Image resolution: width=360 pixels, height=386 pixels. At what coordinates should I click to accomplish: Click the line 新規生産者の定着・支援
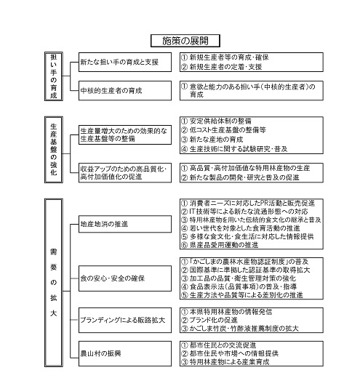tap(225, 68)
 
